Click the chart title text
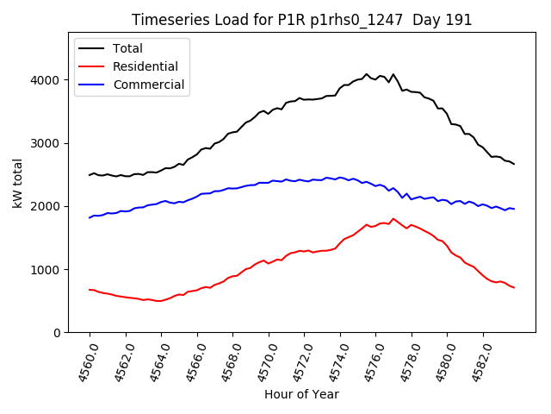coord(301,20)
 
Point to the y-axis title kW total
coord(18,184)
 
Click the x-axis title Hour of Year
coord(301,394)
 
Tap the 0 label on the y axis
coord(57,333)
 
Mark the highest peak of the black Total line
coord(366,74)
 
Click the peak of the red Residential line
coord(393,219)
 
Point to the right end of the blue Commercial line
coord(514,209)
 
